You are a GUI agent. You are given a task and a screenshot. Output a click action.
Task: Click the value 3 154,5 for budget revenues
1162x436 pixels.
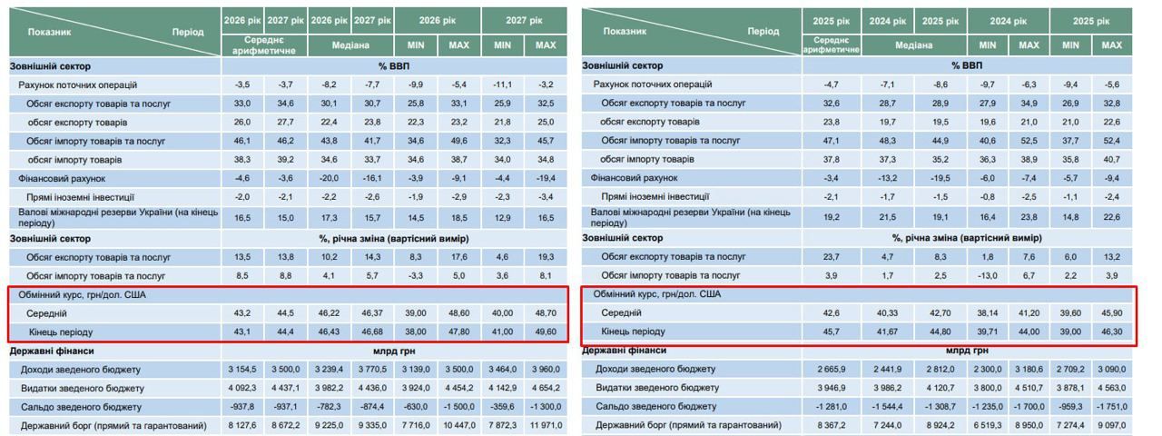click(x=242, y=369)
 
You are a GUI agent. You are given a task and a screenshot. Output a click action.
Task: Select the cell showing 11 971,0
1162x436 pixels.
click(x=546, y=425)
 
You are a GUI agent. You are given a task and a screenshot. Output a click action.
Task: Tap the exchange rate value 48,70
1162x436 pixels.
click(x=546, y=312)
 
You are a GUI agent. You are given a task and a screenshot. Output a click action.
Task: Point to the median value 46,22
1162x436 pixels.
click(x=329, y=312)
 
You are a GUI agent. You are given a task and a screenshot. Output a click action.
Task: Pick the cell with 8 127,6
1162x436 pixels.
click(x=242, y=425)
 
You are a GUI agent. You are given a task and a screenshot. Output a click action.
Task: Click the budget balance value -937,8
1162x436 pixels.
click(x=242, y=407)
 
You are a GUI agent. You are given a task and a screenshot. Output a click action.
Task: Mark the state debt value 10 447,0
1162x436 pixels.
click(x=459, y=425)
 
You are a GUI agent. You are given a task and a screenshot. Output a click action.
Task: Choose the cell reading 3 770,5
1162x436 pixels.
click(x=372, y=369)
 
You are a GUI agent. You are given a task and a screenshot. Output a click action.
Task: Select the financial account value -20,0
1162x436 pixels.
click(x=329, y=178)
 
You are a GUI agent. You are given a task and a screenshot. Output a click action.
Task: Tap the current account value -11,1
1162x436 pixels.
click(x=502, y=84)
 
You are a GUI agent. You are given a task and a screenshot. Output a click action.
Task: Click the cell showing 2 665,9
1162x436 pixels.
click(x=831, y=369)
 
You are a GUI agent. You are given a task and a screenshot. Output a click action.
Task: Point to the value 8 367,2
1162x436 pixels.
click(x=831, y=425)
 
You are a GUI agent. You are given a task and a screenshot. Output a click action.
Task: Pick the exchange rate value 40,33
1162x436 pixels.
click(x=886, y=312)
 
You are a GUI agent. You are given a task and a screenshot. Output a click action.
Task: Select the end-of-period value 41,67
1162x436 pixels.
click(x=886, y=332)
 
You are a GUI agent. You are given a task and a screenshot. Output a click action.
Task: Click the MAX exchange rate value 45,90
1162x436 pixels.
click(x=1111, y=312)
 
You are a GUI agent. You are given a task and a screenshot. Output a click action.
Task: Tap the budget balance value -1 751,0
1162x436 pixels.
click(x=1111, y=407)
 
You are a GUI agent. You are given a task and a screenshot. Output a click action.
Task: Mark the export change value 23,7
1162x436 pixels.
click(x=831, y=257)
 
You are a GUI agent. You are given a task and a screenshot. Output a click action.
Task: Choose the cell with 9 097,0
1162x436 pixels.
click(x=1111, y=425)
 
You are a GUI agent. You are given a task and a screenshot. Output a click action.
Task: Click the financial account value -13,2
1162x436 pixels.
click(x=886, y=178)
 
